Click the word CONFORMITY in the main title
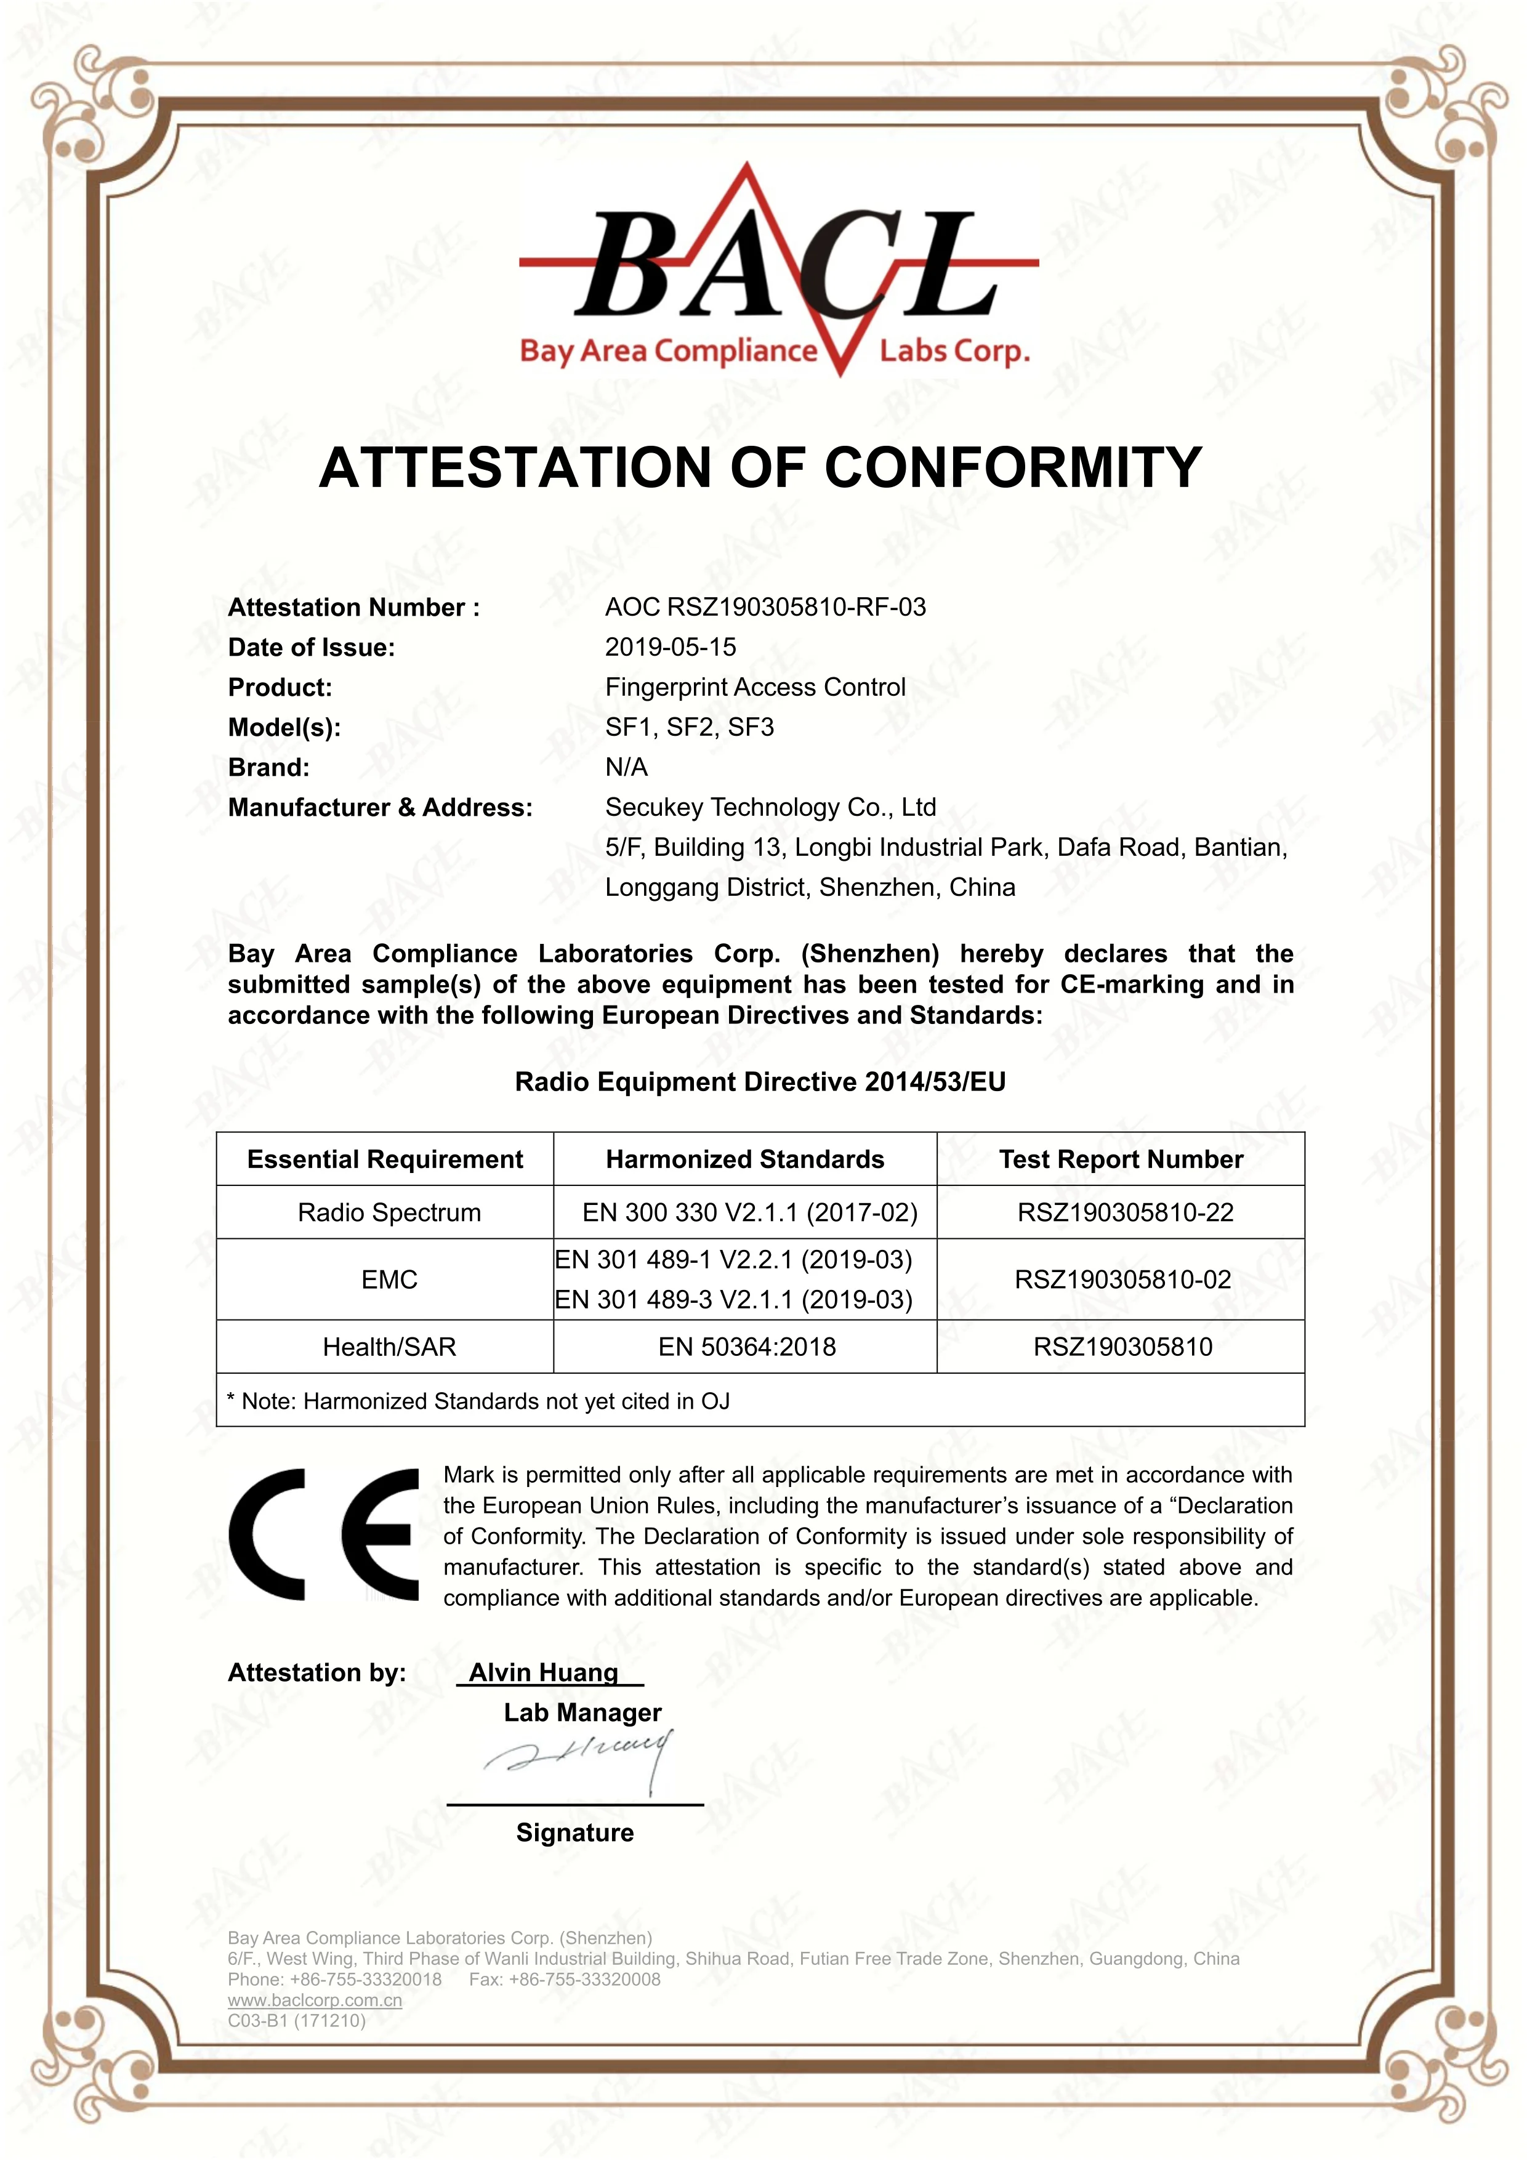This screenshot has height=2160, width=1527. [1013, 467]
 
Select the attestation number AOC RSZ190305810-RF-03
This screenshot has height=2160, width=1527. [765, 608]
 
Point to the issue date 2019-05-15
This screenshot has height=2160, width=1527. [670, 647]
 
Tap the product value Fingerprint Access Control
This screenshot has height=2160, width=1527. [754, 688]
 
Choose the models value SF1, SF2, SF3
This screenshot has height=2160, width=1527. [689, 727]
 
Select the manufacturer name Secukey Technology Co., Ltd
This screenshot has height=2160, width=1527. [770, 807]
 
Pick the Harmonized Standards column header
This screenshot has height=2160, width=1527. [744, 1159]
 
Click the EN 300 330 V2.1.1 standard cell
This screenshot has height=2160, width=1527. [749, 1212]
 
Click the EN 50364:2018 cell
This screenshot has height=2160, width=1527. [746, 1347]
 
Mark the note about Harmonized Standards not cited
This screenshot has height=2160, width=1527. [478, 1402]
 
